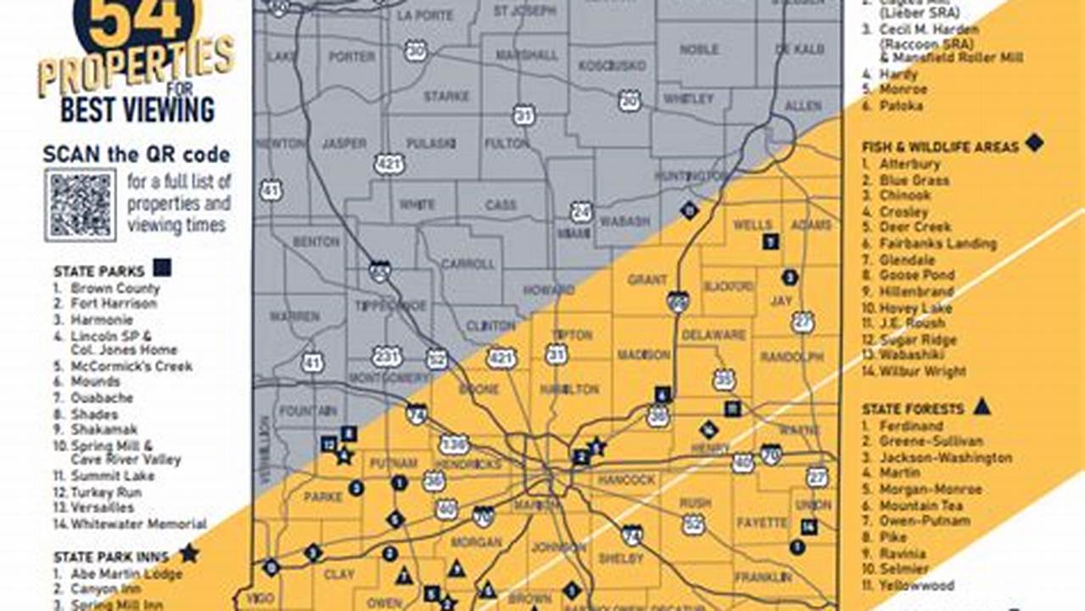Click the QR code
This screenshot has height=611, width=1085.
click(x=81, y=205)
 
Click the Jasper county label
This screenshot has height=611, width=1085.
click(x=344, y=143)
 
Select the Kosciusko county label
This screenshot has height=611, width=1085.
click(x=612, y=65)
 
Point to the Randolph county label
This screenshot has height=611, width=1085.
click(x=792, y=356)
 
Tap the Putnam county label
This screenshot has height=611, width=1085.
click(x=394, y=463)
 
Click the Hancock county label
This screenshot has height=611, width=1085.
click(x=627, y=479)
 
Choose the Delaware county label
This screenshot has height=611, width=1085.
click(x=713, y=334)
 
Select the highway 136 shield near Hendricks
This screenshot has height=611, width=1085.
click(x=454, y=444)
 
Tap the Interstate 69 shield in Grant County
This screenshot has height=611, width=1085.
click(x=677, y=301)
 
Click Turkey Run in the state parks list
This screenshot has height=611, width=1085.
click(x=106, y=492)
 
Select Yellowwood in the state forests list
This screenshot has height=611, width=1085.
click(x=916, y=586)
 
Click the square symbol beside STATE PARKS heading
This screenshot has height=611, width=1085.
click(x=162, y=268)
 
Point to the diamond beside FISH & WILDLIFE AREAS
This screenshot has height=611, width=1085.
click(x=1033, y=143)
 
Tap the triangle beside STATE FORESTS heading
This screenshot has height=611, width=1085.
click(x=982, y=406)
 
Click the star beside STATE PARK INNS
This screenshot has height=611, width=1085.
click(x=188, y=553)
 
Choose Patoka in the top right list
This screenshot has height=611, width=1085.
click(x=901, y=106)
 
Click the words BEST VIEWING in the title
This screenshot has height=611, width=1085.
click(x=137, y=109)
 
